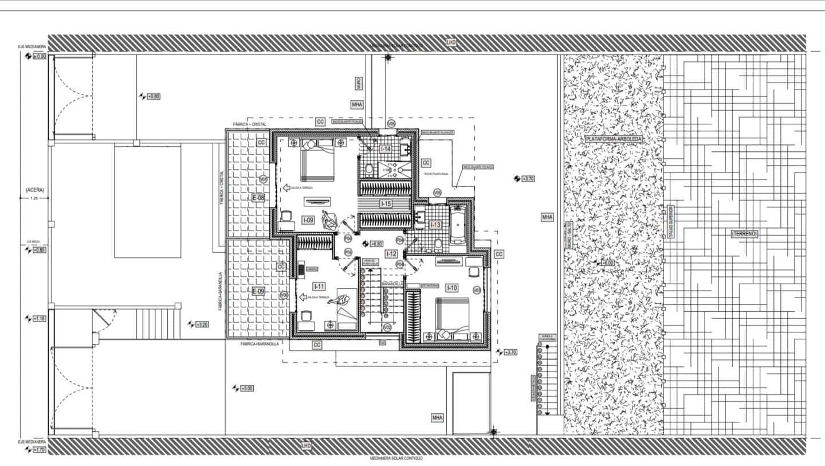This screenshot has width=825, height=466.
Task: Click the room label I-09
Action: (308, 220)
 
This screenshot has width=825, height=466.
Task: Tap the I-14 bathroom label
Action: (386, 150)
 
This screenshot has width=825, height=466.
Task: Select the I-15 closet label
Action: (386, 203)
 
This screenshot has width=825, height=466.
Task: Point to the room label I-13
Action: (435, 225)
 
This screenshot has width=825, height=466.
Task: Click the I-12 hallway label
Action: (391, 253)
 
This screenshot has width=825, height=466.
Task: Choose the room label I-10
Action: (451, 288)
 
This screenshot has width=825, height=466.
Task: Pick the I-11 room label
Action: (319, 286)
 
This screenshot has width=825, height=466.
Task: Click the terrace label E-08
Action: (258, 198)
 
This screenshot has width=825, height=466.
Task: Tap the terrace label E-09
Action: (258, 292)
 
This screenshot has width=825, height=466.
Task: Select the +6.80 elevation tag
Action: (376, 244)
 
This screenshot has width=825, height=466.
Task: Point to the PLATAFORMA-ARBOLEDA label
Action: (614, 139)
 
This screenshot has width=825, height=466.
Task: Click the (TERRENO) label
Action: (744, 234)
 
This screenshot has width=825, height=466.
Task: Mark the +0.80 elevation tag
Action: (154, 96)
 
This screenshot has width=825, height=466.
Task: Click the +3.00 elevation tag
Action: (247, 388)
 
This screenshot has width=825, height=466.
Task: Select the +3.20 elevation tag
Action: (202, 324)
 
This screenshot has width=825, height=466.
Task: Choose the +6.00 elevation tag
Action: (607, 263)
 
